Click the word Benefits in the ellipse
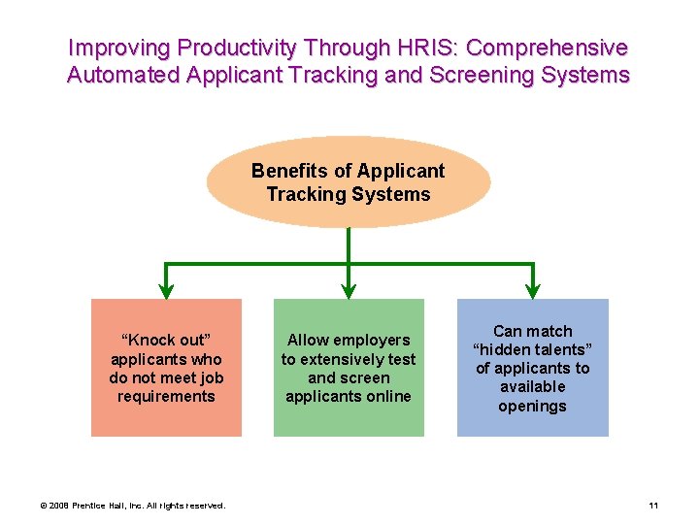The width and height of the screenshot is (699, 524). pyautogui.click(x=289, y=171)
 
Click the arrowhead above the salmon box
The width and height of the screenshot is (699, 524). pyautogui.click(x=166, y=288)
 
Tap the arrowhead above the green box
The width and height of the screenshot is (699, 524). pyautogui.click(x=349, y=288)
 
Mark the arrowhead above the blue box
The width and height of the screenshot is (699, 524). pyautogui.click(x=532, y=288)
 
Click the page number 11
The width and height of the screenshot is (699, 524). pyautogui.click(x=653, y=506)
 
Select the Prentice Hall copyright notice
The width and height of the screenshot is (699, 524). pyautogui.click(x=133, y=506)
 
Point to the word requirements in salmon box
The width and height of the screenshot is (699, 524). pyautogui.click(x=166, y=396)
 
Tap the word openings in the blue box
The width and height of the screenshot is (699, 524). pyautogui.click(x=532, y=406)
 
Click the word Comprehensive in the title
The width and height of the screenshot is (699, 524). pyautogui.click(x=549, y=48)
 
